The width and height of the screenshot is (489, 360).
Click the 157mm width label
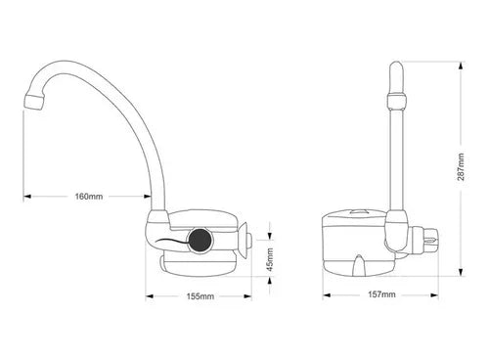click(381, 295)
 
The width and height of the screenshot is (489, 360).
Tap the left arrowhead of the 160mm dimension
click(24, 196)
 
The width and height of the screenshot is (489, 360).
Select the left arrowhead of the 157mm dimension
click(325, 295)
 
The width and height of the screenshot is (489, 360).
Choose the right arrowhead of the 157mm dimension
click(437, 295)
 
